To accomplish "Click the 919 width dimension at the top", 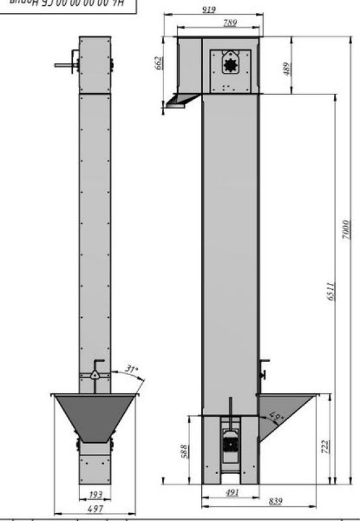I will [x=209, y=10].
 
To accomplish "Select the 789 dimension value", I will [x=230, y=23].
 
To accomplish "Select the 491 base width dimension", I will [x=231, y=492].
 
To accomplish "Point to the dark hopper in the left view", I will [x=95, y=417].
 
